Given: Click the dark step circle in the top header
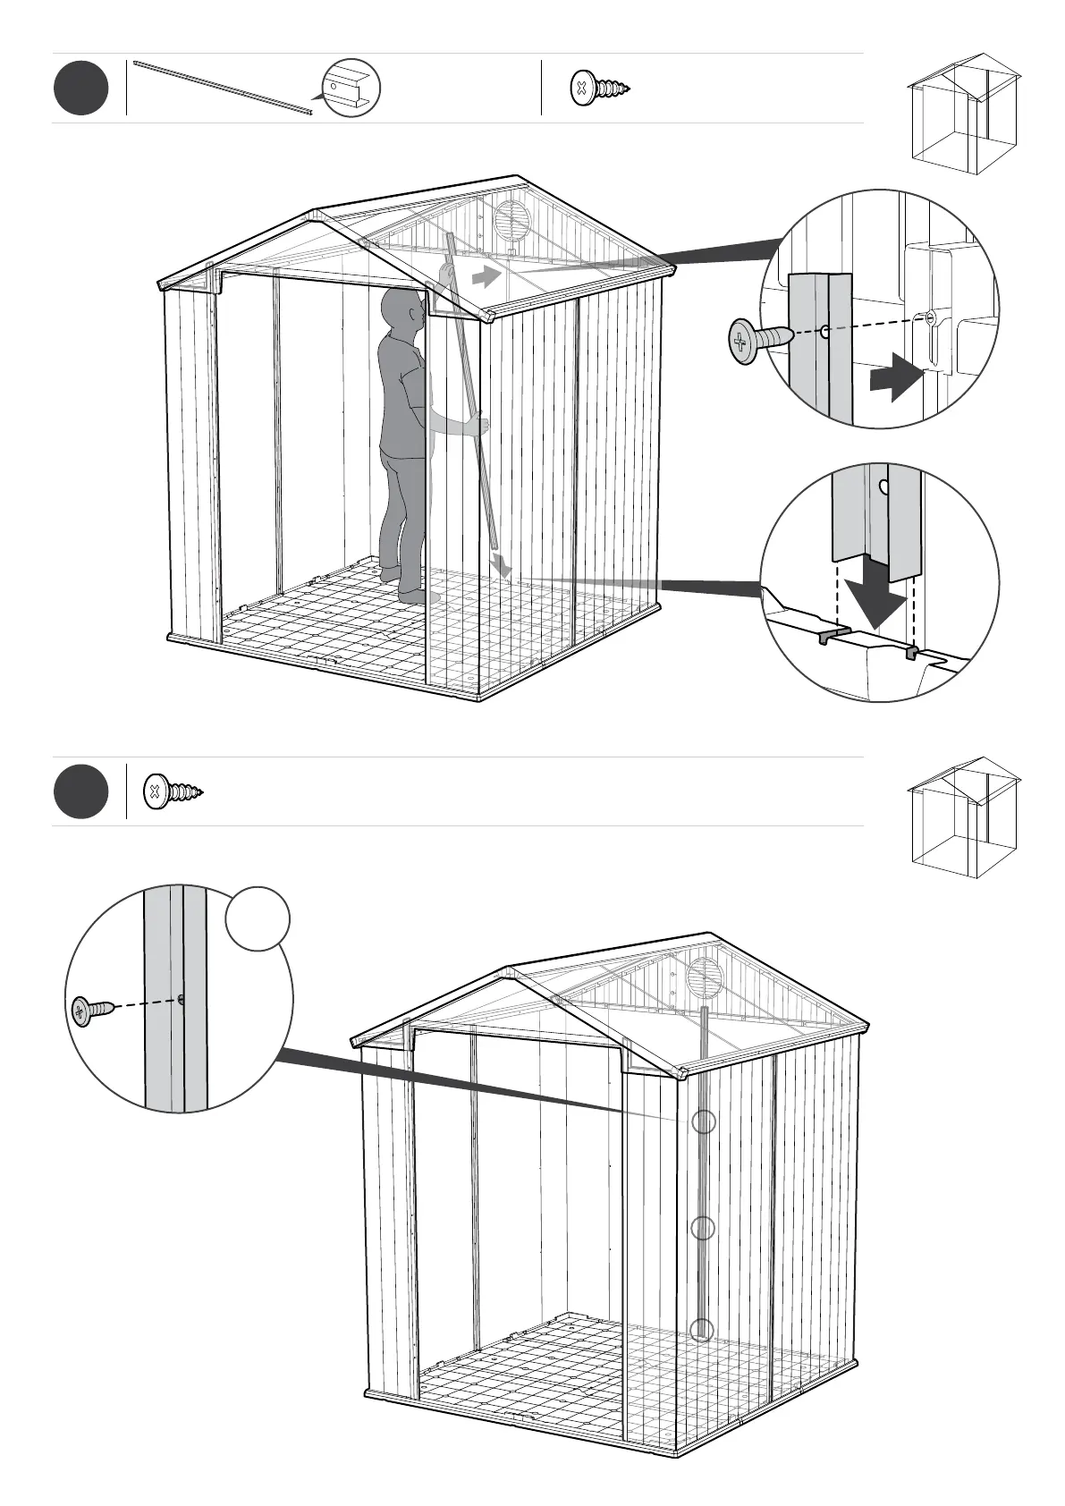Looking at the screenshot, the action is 80,89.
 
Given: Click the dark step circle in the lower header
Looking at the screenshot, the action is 80,791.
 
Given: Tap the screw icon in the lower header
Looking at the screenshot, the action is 173,791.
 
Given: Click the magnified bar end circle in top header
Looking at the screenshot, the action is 351,89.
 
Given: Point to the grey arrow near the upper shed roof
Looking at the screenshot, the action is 486,277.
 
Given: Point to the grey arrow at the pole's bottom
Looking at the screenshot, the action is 503,565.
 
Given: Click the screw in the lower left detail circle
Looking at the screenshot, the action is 92,1011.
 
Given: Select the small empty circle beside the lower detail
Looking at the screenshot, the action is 258,918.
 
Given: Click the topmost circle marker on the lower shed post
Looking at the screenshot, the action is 705,1121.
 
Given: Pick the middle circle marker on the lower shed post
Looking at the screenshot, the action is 704,1229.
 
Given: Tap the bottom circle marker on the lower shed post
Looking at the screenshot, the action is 704,1330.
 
